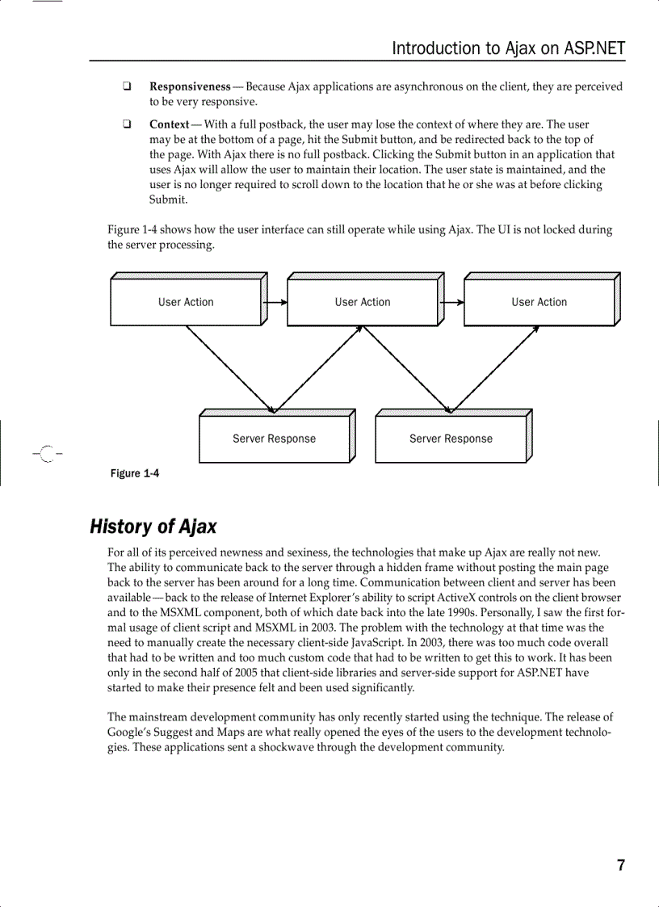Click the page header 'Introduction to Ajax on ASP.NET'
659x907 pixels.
[x=508, y=48]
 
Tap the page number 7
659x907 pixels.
[x=620, y=865]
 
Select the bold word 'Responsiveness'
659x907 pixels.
[x=190, y=86]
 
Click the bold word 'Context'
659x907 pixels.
[x=170, y=124]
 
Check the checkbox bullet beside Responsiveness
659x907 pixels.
[x=128, y=86]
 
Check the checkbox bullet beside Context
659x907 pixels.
[x=128, y=124]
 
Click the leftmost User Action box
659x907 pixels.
[x=186, y=302]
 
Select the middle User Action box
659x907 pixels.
[x=363, y=302]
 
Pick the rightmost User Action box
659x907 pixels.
[x=539, y=302]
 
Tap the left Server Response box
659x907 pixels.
[x=274, y=439]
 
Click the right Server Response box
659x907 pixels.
[x=451, y=439]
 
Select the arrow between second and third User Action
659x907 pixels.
[x=453, y=303]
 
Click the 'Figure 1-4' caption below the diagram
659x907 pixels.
[x=134, y=473]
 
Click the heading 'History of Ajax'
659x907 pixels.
[x=153, y=527]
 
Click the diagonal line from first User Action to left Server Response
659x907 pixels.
[x=230, y=367]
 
